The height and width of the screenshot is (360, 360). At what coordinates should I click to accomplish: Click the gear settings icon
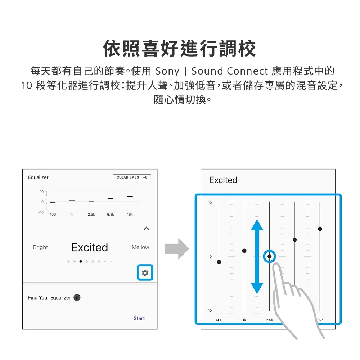click(x=145, y=273)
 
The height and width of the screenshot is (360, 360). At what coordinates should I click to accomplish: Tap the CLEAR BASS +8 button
click(x=132, y=177)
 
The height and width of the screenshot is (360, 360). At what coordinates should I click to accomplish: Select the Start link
click(x=139, y=318)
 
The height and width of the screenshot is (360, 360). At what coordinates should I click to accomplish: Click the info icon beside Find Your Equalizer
click(x=77, y=298)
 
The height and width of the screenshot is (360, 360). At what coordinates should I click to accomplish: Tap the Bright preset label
click(x=40, y=247)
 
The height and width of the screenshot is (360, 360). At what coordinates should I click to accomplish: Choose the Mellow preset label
click(x=140, y=247)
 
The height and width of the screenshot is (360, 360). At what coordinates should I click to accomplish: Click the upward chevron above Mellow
click(x=147, y=228)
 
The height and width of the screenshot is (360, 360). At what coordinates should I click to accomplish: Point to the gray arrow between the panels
click(x=177, y=249)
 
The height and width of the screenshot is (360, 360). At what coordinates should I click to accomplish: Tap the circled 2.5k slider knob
click(x=269, y=256)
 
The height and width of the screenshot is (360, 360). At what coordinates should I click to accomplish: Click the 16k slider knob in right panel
click(x=320, y=229)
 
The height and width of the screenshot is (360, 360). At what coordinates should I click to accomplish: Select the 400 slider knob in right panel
click(x=219, y=262)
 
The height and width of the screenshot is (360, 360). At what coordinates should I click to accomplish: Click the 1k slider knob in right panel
click(x=244, y=251)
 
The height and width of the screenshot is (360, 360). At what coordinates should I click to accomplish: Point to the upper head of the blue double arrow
click(x=257, y=225)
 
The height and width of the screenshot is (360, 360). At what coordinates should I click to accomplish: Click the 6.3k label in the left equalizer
click(x=111, y=215)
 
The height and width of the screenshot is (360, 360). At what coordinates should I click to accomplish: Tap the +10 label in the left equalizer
click(x=40, y=192)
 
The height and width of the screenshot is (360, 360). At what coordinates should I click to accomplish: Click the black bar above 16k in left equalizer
click(x=130, y=197)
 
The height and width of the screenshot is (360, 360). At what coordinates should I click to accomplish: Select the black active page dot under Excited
click(x=81, y=261)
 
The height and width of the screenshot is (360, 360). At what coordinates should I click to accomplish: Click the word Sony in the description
click(x=167, y=71)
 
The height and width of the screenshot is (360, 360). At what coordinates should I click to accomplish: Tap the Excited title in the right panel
click(x=223, y=180)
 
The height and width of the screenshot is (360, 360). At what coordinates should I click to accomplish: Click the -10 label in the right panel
click(x=209, y=311)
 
